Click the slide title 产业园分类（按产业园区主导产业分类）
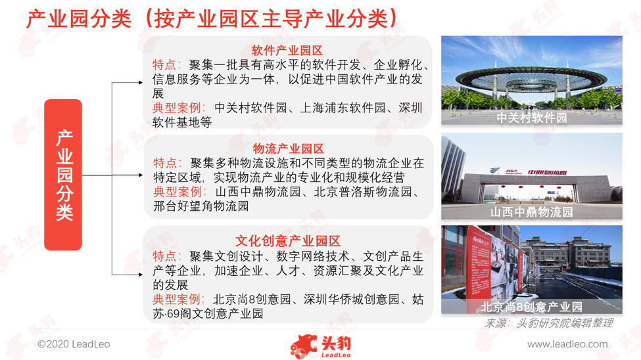[212, 19]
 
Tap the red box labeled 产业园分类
[63, 175]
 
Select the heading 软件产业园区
[287, 51]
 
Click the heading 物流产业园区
[288, 148]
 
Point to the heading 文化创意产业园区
[288, 241]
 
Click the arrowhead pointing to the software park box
[141, 83]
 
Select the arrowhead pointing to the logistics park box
[141, 175]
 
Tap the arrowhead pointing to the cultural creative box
[141, 275]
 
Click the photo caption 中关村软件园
[532, 118]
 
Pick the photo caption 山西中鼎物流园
[532, 212]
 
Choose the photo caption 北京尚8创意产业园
[531, 307]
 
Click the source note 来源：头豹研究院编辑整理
[548, 323]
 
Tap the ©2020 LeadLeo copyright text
[74, 344]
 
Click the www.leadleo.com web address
[567, 344]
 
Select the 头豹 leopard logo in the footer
[321, 346]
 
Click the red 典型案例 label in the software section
[177, 108]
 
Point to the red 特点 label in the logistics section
[166, 163]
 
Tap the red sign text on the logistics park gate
[547, 172]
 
